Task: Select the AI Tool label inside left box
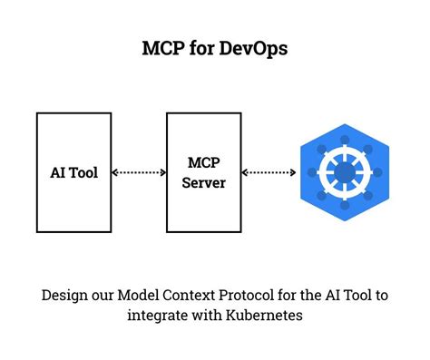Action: (74, 172)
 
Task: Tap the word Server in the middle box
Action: (204, 182)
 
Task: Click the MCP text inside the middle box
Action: (204, 162)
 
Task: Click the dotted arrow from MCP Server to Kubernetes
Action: (269, 172)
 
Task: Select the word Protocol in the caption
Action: (230, 295)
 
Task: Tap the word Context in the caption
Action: (175, 295)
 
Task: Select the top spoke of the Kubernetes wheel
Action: (345, 148)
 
